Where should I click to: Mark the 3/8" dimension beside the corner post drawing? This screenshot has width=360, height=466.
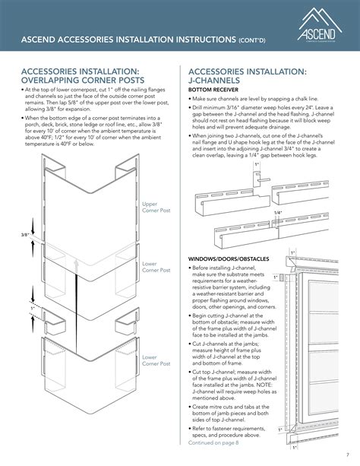[24, 235]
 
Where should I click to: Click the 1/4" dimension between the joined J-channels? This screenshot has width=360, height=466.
[279, 212]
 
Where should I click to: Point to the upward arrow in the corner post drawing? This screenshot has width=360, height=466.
[76, 263]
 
